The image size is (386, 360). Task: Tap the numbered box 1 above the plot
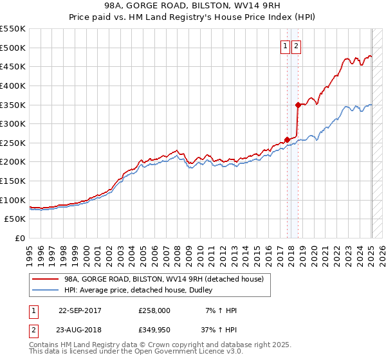click(285, 46)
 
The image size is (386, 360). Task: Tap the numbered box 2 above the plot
click(296, 46)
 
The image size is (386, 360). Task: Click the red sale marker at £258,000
click(287, 139)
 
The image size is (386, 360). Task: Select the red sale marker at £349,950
click(297, 105)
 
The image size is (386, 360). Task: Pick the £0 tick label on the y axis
click(19, 238)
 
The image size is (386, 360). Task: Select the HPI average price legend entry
click(142, 291)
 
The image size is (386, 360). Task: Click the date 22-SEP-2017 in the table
click(80, 310)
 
